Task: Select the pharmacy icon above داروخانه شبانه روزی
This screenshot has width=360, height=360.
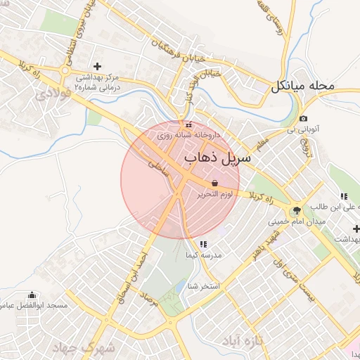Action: point(188,124)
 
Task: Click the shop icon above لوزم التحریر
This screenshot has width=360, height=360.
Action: point(214,183)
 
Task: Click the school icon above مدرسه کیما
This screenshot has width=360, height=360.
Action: point(202,245)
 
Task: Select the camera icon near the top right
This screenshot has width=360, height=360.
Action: point(303,118)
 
